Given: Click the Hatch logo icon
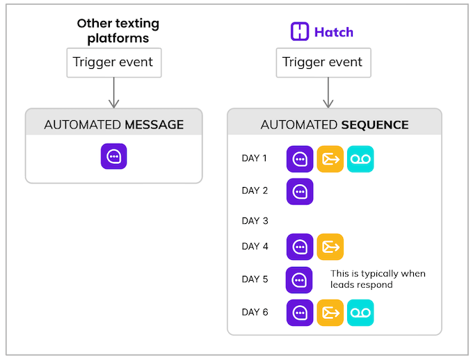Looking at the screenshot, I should [x=300, y=32].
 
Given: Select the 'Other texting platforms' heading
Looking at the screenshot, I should [x=118, y=31].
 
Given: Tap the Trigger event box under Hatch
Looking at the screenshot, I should [x=322, y=63].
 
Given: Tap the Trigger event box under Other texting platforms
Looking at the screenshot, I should [x=113, y=63].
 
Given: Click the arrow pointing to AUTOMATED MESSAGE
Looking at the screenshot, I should [x=113, y=92].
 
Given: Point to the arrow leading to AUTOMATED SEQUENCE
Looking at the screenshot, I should [x=328, y=92].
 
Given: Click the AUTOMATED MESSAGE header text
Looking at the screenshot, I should [x=114, y=125].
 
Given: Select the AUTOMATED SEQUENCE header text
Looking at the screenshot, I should [x=334, y=125].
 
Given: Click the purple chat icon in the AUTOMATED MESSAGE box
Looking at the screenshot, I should [x=113, y=157].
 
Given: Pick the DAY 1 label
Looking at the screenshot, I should [x=255, y=158].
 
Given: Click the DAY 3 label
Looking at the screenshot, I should [x=255, y=221].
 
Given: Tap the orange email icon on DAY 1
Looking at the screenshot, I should [x=330, y=159].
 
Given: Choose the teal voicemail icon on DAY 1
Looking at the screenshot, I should [x=360, y=159].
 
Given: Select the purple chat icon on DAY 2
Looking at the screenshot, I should [x=300, y=191].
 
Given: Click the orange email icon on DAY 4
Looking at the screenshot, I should [x=330, y=247].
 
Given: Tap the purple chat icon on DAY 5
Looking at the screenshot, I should [x=299, y=279].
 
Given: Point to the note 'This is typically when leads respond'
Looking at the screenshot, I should [x=378, y=279].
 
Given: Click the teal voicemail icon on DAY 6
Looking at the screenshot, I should [x=360, y=312].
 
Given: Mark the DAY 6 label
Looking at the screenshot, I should [x=255, y=312].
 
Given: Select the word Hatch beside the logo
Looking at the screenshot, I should [x=333, y=32].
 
